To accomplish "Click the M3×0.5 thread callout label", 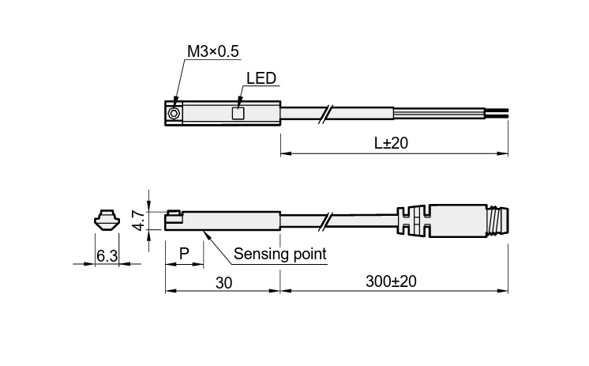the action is (x=213, y=51).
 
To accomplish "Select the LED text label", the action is (x=261, y=78).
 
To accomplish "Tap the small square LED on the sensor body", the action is (x=238, y=113).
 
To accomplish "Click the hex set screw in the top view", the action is (x=173, y=113).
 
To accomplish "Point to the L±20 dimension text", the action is (x=391, y=143).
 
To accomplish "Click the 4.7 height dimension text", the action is (x=138, y=221).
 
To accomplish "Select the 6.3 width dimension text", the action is (x=107, y=256).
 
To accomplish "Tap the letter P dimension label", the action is (x=184, y=254).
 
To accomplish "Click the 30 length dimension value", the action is (x=224, y=283).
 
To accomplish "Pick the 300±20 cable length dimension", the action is (x=391, y=281).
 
